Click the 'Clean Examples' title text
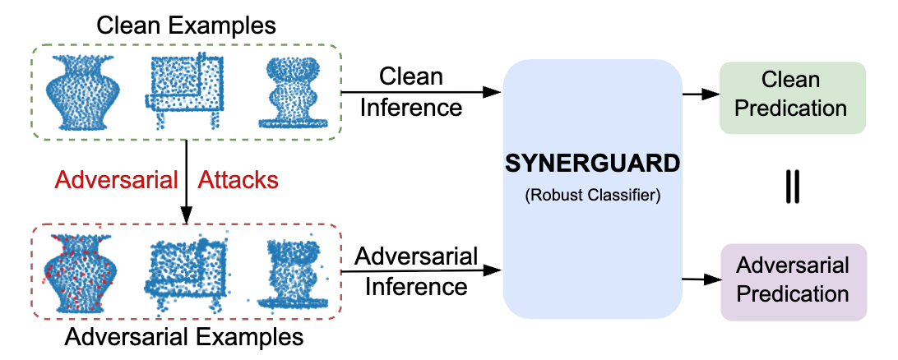coord(186,24)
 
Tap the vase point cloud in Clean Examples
coord(79,92)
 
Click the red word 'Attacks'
coord(238,179)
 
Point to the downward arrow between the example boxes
coord(187,182)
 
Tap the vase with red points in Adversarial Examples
coord(78,272)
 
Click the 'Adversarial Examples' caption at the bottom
coord(184,337)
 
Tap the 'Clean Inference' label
coord(410,92)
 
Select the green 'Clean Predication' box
coord(792,95)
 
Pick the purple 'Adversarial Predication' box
coord(792,279)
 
